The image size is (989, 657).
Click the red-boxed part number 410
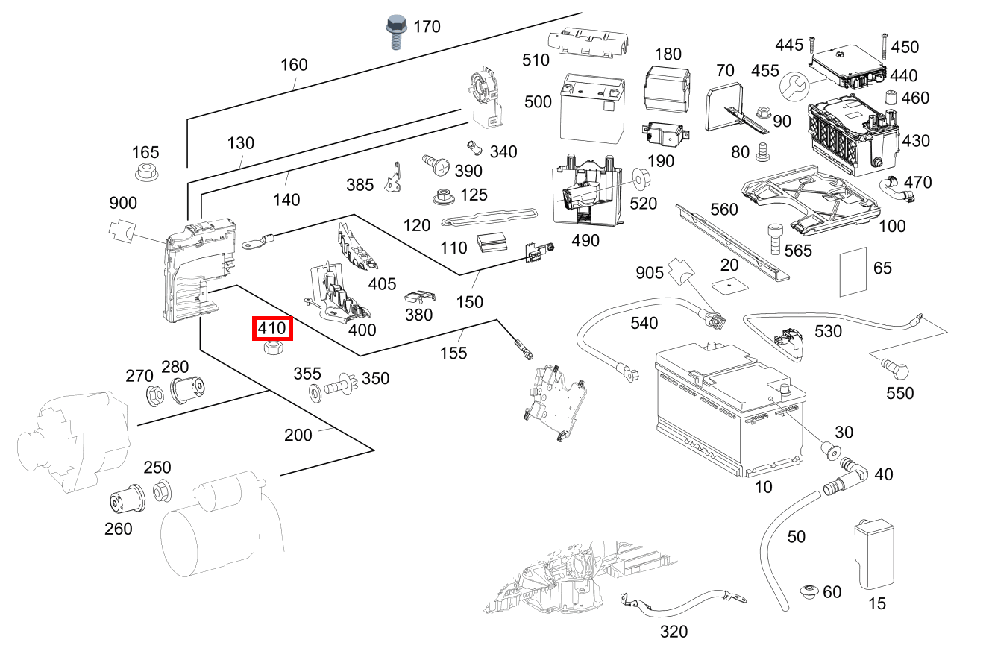pyautogui.click(x=272, y=327)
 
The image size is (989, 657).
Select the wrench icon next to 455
pyautogui.click(x=793, y=87)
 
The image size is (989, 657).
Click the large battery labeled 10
pyautogui.click(x=729, y=410)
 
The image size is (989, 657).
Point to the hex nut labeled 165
pyautogui.click(x=146, y=174)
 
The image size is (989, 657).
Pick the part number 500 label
pyautogui.click(x=538, y=101)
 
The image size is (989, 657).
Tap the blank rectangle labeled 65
pyautogui.click(x=853, y=271)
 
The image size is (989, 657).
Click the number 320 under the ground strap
pyautogui.click(x=674, y=632)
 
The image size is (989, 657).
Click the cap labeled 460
pyautogui.click(x=891, y=98)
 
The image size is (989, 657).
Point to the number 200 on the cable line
pyautogui.click(x=298, y=435)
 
